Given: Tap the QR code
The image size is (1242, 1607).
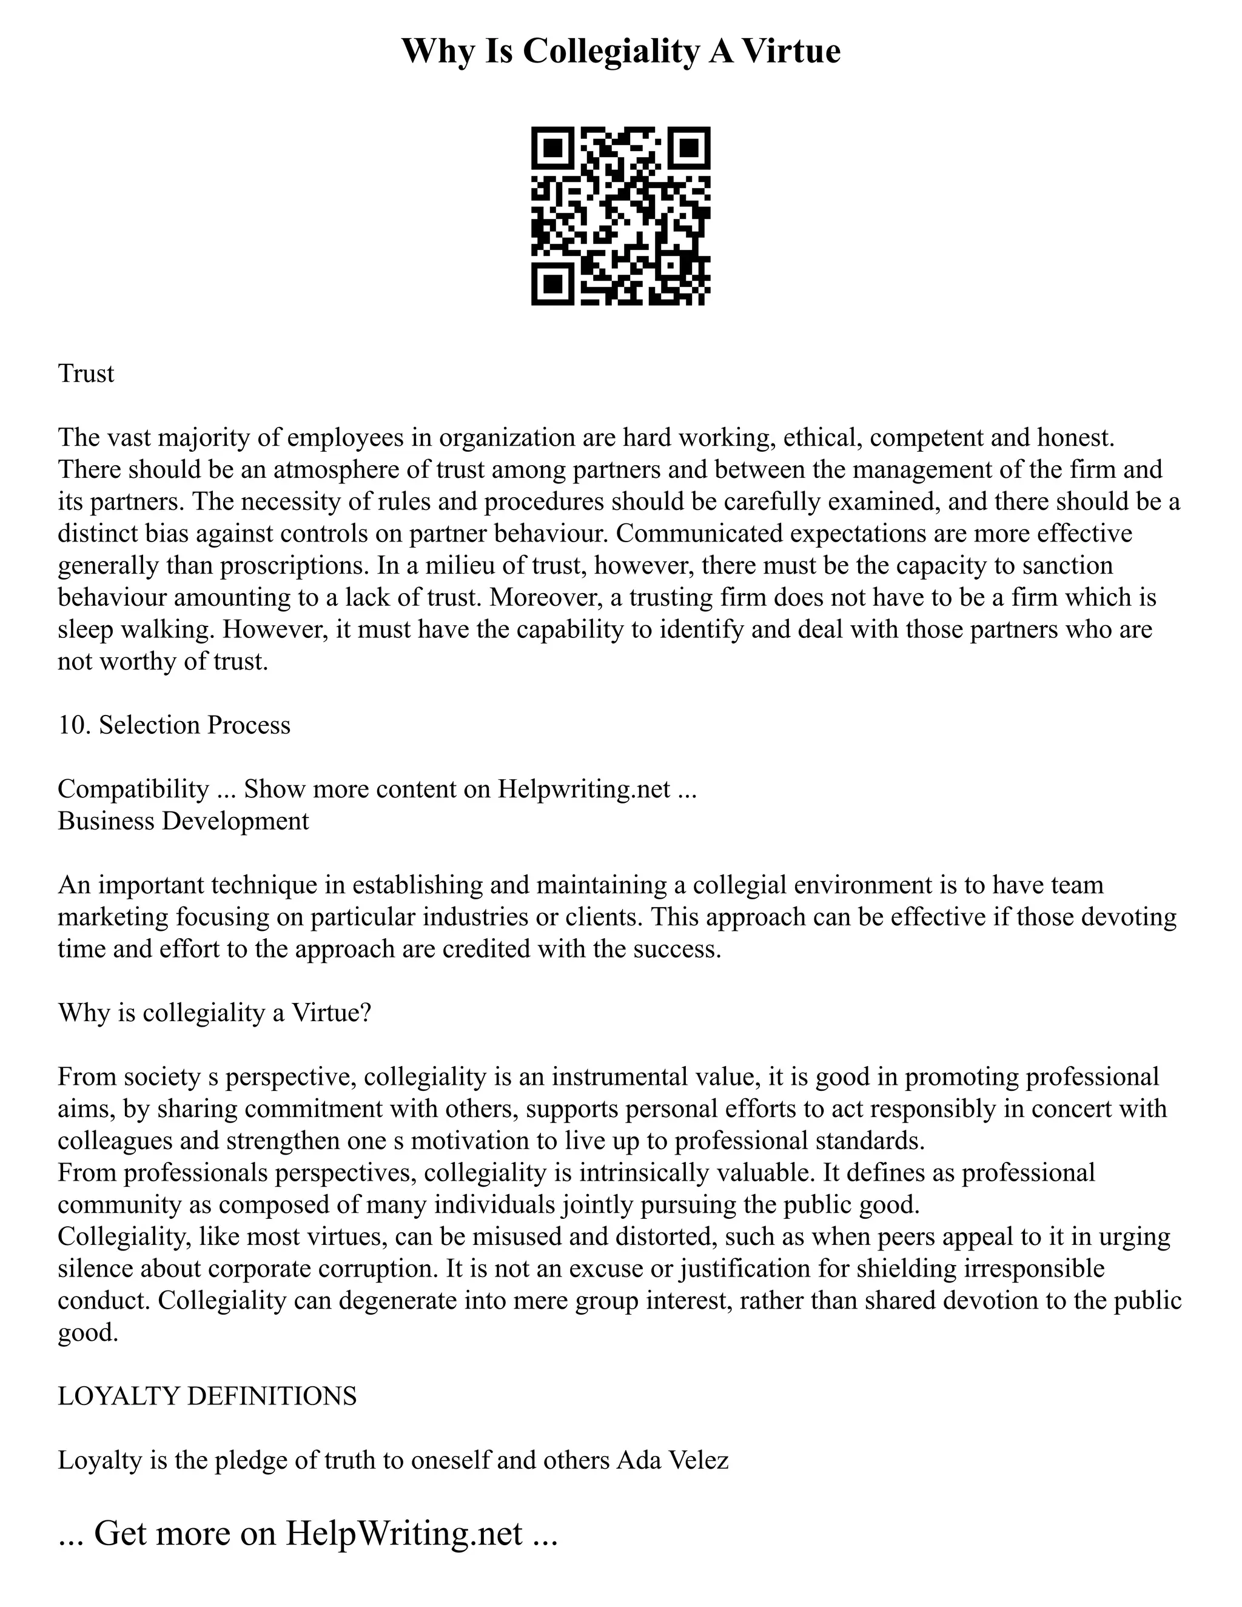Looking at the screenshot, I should point(620,216).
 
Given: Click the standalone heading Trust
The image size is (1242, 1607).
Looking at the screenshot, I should point(86,374).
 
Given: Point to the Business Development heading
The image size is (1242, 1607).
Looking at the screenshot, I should point(183,820).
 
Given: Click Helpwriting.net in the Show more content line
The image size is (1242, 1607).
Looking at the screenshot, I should point(584,789).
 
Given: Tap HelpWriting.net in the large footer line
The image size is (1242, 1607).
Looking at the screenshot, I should point(404,1532).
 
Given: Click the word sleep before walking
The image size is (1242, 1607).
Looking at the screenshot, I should point(85,629).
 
